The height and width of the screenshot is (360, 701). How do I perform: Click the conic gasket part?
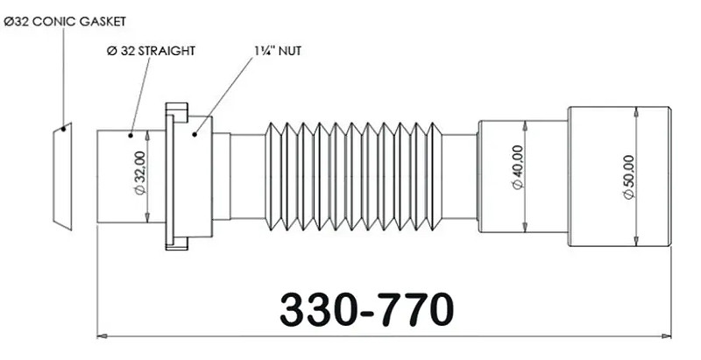pyautogui.click(x=60, y=176)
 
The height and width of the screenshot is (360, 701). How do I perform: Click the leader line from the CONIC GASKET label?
pyautogui.click(x=63, y=79)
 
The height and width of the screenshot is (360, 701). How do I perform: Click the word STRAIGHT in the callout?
pyautogui.click(x=166, y=50)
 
